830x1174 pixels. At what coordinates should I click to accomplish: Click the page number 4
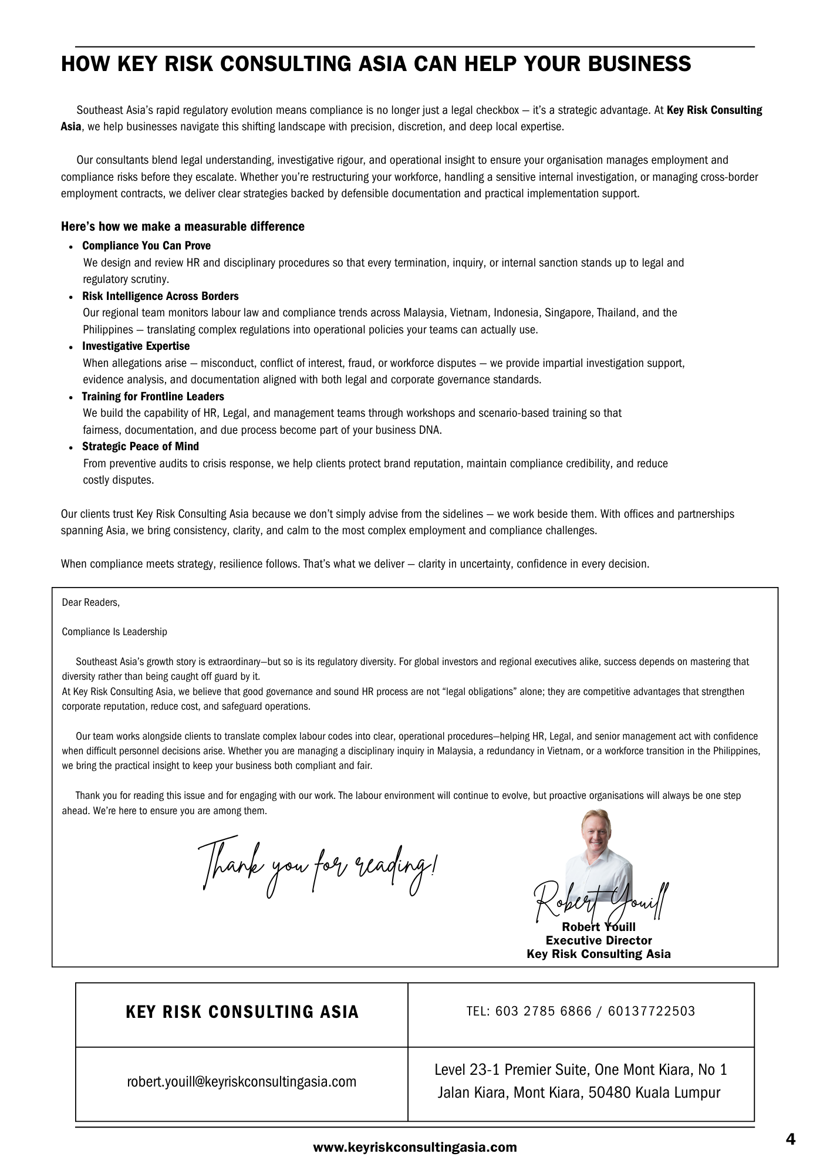[x=790, y=1139]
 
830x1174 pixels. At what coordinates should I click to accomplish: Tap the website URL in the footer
[x=415, y=1147]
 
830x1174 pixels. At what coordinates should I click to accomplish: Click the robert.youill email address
[x=241, y=1081]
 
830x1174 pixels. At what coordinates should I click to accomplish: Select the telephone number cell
[x=581, y=1011]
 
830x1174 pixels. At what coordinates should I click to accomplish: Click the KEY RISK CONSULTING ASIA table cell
[x=242, y=1012]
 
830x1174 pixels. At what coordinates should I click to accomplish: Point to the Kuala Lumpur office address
[x=580, y=1081]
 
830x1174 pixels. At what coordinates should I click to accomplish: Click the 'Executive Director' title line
[x=598, y=940]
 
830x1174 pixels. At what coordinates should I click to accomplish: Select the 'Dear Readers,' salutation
[x=91, y=602]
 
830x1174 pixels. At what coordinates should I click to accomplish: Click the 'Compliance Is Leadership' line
[x=114, y=632]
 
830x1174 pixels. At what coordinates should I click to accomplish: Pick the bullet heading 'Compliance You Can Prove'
[x=146, y=245]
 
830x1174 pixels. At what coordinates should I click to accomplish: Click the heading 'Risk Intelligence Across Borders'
[x=160, y=296]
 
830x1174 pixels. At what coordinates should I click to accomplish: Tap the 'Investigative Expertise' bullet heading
[x=136, y=346]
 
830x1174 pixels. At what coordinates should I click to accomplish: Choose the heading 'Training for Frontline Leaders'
[x=153, y=396]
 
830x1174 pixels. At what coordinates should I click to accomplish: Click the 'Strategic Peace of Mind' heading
[x=140, y=446]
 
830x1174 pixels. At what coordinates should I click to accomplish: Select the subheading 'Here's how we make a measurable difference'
[x=183, y=227]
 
